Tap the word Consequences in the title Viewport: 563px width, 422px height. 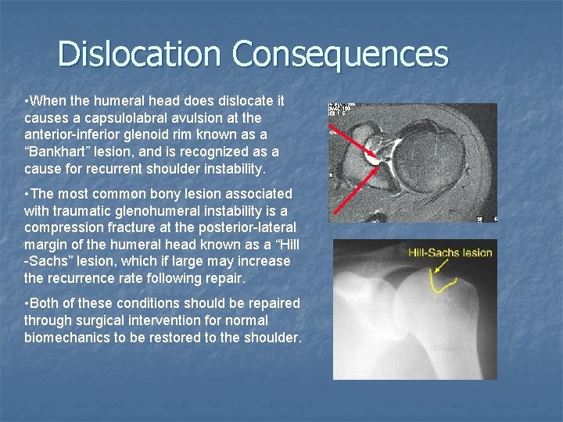click(340, 55)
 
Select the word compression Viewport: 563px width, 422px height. click(63, 227)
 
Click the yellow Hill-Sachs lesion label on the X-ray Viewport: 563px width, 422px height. click(450, 252)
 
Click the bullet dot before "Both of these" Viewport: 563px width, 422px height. click(27, 303)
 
